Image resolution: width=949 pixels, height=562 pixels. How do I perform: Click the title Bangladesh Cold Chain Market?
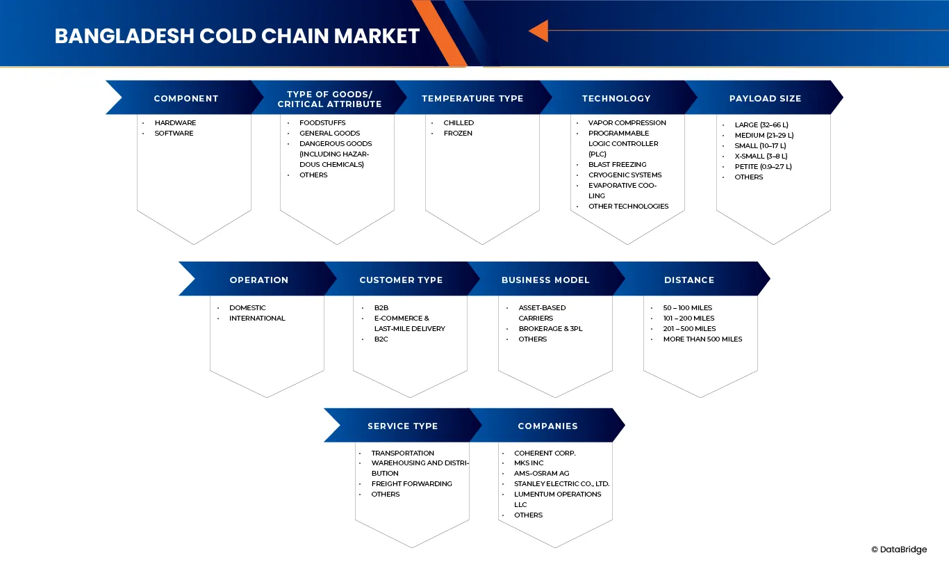coord(237,36)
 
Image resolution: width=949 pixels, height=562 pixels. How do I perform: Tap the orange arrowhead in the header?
coord(538,31)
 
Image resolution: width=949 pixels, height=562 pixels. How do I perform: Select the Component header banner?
coord(185,98)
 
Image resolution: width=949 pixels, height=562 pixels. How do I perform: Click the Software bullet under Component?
coord(174,133)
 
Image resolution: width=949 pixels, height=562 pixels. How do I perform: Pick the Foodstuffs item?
coord(322,122)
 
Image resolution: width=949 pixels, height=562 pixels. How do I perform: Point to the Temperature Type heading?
coord(472,98)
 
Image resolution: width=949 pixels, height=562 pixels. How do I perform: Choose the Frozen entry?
coord(458,133)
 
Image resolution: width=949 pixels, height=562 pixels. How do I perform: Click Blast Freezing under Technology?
coord(617,164)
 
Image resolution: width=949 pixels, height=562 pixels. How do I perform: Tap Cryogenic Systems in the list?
coord(625,175)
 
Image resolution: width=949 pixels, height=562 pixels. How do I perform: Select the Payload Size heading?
coord(765,98)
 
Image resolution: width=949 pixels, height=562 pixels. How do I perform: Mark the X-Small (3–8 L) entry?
coord(761,156)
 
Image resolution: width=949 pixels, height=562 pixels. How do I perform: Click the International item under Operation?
coord(257,318)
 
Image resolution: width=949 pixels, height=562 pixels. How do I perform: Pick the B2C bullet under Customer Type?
coord(381,339)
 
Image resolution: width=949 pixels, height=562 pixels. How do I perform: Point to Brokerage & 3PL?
coord(550,328)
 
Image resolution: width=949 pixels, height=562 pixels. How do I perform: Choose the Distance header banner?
coord(689,280)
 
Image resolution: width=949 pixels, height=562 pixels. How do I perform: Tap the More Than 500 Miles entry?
coord(702,339)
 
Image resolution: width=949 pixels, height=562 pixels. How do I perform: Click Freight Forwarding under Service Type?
coord(411,483)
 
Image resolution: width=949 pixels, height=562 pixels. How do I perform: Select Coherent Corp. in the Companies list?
coord(545,453)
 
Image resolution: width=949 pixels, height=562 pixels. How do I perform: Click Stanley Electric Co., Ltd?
coord(561,483)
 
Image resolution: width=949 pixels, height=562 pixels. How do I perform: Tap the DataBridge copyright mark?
coord(898,549)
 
